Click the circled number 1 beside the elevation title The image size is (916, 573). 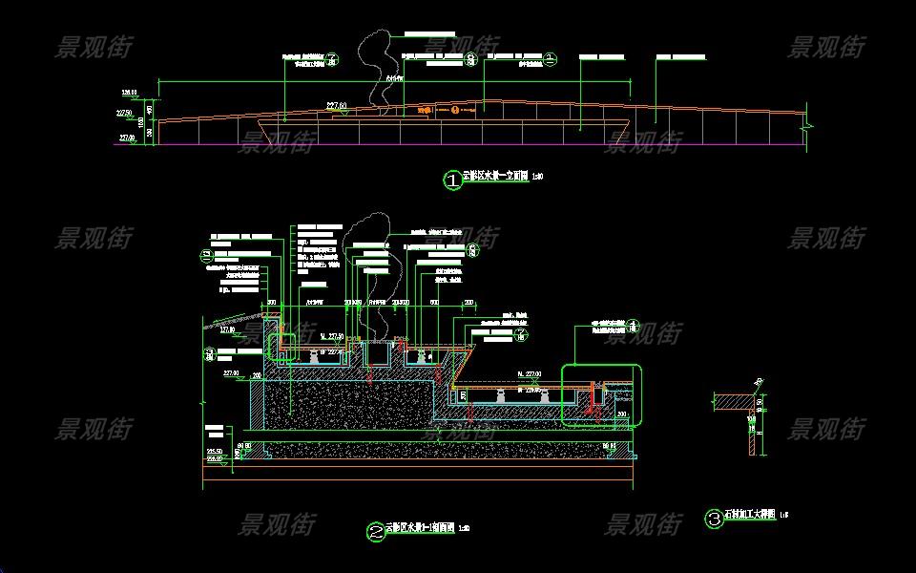[452, 179]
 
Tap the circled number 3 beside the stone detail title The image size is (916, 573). [714, 519]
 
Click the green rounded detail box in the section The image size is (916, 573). [601, 393]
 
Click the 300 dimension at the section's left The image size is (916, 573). [271, 303]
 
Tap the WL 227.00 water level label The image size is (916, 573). [528, 373]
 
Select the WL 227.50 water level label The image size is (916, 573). [332, 336]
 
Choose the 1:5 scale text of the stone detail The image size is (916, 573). [783, 517]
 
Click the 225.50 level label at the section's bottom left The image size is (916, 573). [216, 451]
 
